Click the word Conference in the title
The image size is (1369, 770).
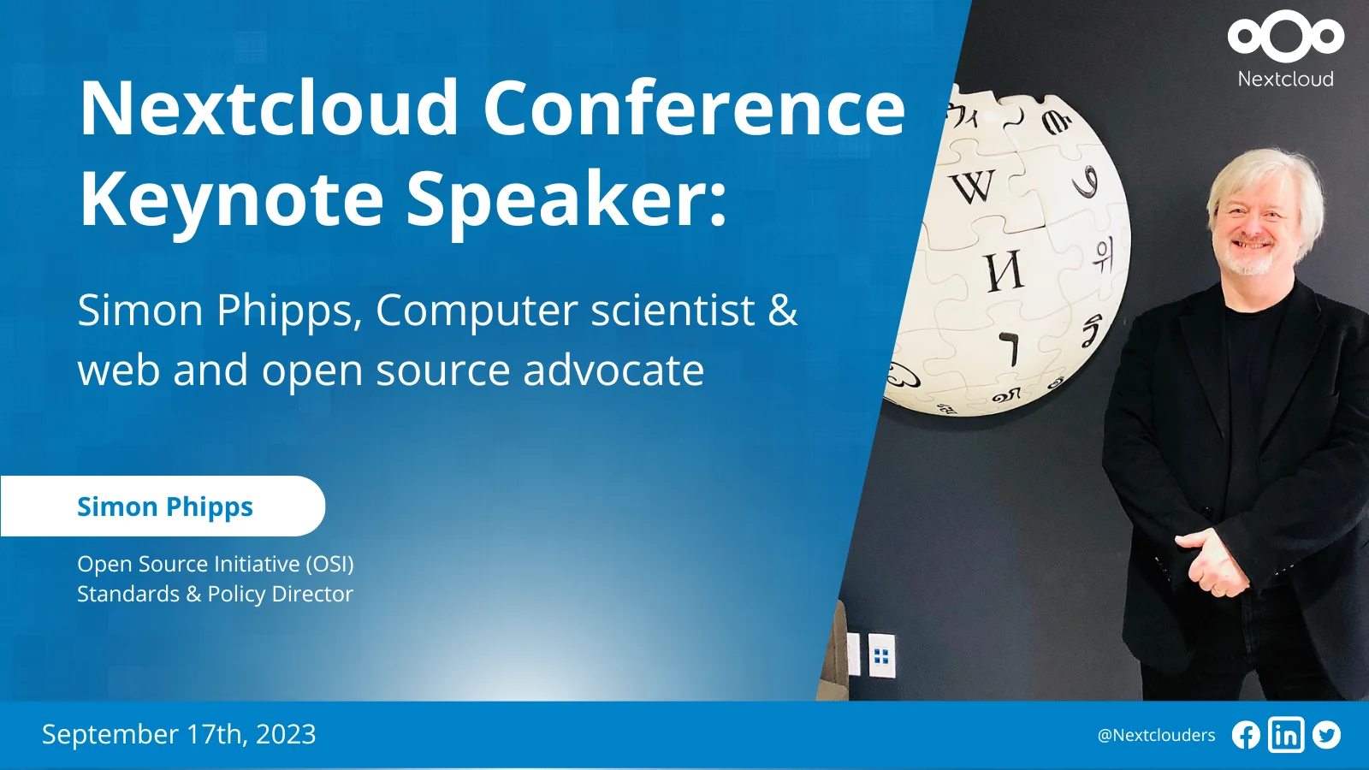[x=694, y=108]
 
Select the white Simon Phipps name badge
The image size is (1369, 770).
[x=163, y=506]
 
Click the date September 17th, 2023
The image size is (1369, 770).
[x=179, y=734]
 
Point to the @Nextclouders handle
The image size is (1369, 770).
[x=1156, y=735]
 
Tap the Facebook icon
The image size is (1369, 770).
[x=1246, y=735]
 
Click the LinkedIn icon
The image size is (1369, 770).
[x=1286, y=735]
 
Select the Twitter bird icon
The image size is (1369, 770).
[x=1326, y=735]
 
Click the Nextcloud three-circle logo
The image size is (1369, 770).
[x=1286, y=36]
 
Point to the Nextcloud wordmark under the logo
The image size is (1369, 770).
[x=1286, y=79]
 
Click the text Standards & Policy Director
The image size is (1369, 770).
[x=215, y=594]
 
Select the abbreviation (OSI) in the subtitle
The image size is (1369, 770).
[x=329, y=564]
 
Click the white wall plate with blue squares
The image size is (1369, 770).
[x=881, y=655]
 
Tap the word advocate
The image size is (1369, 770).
[x=613, y=370]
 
